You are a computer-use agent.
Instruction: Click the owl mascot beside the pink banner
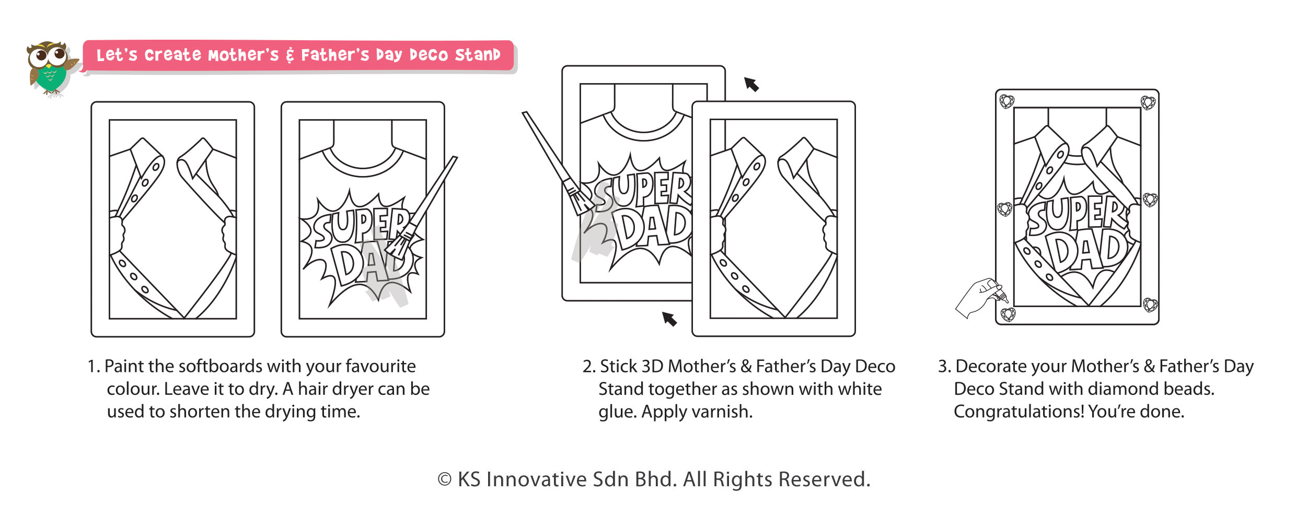[51, 69]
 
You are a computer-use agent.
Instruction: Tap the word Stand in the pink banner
[477, 55]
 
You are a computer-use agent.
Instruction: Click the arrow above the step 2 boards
[751, 84]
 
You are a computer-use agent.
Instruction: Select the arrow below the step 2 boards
[669, 319]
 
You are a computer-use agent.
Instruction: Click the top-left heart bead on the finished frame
[1006, 101]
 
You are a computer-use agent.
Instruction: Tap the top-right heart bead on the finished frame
[1148, 103]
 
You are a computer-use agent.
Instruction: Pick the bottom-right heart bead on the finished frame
[1150, 304]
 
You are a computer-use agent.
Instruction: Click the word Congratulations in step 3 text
[1019, 412]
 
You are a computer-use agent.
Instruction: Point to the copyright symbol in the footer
[445, 479]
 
